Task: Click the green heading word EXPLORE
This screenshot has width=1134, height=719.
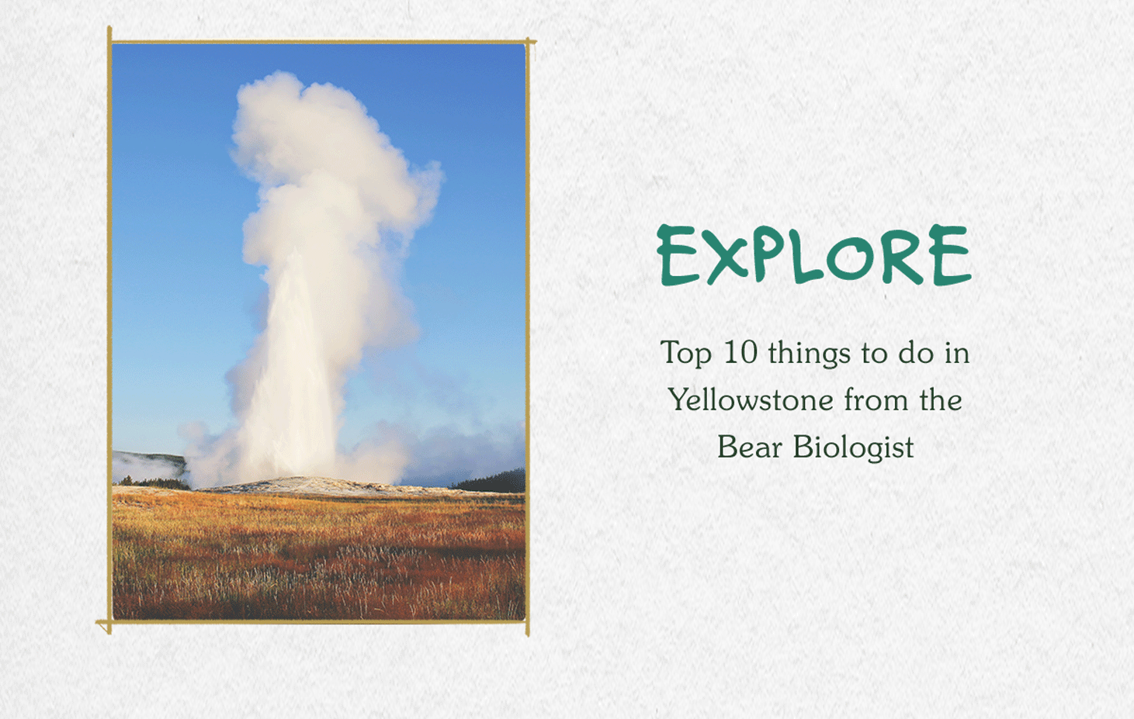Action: (x=814, y=255)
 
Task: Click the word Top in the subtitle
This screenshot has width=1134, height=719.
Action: (x=686, y=354)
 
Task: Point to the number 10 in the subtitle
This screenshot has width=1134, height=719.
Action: (x=740, y=353)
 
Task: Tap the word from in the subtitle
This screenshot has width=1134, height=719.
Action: (x=876, y=400)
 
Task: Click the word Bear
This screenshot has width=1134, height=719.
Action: (x=749, y=447)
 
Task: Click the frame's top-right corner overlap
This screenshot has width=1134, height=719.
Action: (x=528, y=41)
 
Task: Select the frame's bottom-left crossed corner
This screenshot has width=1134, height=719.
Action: (x=109, y=622)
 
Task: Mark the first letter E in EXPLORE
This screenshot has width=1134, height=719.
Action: (x=678, y=256)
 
